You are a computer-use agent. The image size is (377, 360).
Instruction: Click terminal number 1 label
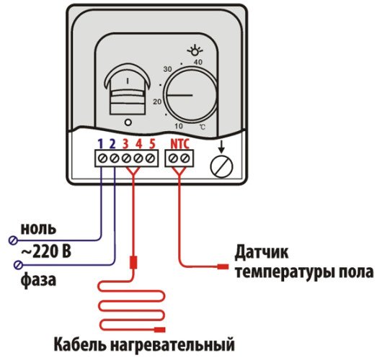click(x=101, y=143)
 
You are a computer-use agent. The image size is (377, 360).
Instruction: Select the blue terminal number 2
click(x=114, y=143)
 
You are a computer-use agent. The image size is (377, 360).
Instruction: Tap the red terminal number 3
click(x=126, y=143)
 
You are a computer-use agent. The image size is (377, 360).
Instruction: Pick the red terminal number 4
click(x=139, y=143)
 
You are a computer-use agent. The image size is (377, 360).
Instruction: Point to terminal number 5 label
click(x=152, y=143)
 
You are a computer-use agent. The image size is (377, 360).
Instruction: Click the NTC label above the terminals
click(x=180, y=143)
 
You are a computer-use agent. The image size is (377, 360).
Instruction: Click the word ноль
click(x=40, y=229)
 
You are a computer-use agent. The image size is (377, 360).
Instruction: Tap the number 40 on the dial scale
click(x=198, y=62)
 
